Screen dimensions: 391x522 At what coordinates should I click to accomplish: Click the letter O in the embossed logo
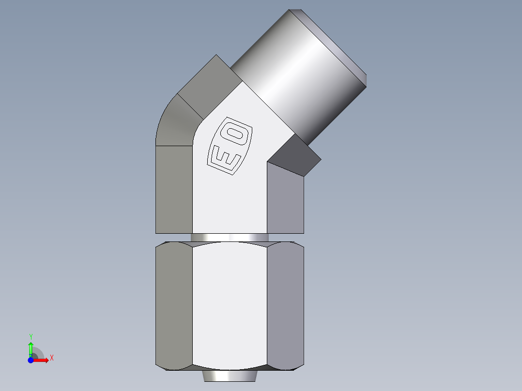238,134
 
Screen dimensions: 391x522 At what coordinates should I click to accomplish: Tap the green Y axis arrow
31,347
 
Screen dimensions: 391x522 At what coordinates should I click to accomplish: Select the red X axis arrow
42,360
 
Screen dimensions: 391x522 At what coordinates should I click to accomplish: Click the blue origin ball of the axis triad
31,360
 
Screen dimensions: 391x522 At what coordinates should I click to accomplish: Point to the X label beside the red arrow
51,358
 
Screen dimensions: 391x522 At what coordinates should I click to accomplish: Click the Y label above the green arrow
31,336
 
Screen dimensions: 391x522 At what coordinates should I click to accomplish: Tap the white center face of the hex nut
230,305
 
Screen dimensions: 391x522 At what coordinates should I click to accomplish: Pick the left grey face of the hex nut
174,305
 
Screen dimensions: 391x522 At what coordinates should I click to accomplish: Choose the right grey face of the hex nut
286,305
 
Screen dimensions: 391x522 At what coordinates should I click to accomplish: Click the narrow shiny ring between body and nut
230,238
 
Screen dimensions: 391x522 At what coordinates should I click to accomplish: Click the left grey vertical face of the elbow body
174,189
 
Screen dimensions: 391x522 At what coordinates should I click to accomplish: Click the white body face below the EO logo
230,203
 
